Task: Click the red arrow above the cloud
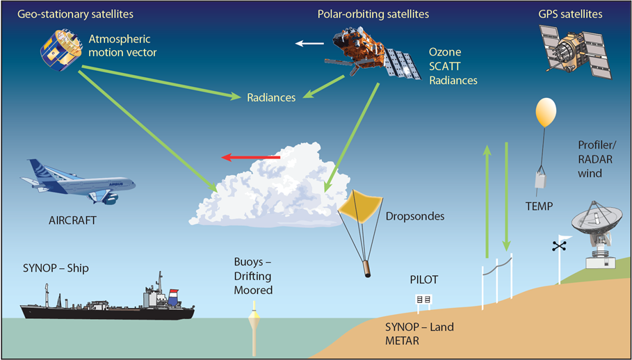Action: click(250, 158)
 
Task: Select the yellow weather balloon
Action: click(546, 112)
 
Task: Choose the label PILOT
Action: click(424, 281)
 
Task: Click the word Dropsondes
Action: click(414, 217)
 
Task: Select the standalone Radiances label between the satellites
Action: click(271, 98)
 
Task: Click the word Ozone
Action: click(445, 53)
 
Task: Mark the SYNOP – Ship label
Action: click(55, 268)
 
